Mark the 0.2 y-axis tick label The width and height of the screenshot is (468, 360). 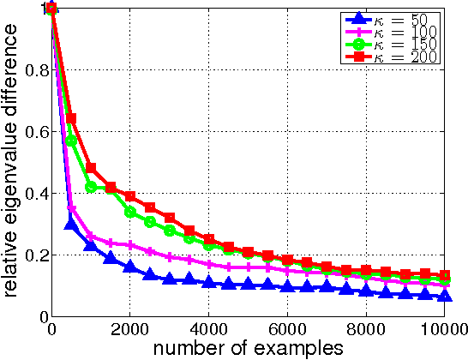coord(36,255)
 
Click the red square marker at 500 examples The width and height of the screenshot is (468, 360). coord(72,118)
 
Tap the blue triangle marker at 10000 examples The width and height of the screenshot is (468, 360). coord(444,296)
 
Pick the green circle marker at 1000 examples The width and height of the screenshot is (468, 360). coord(92,187)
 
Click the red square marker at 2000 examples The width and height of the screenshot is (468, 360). coord(130,196)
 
